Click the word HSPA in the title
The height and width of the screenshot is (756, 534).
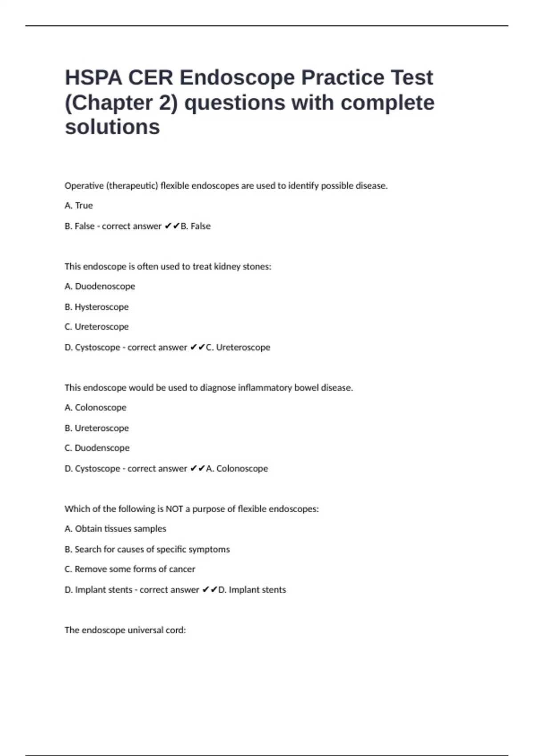[x=93, y=78]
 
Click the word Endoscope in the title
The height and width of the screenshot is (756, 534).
[x=237, y=78]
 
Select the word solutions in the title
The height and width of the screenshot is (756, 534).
[x=112, y=127]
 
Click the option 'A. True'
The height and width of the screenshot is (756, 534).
[x=79, y=205]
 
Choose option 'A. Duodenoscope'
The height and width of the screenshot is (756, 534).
[x=100, y=286]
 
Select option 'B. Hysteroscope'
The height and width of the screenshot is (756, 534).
[x=97, y=307]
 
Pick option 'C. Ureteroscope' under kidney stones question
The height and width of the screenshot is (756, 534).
[x=97, y=327]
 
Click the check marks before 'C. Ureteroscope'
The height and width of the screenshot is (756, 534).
[x=197, y=347]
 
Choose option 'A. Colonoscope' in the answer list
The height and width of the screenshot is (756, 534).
[x=95, y=408]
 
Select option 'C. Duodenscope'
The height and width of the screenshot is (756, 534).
[x=97, y=448]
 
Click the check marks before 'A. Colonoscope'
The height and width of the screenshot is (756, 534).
[x=197, y=468]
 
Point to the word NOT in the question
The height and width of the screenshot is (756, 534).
[x=174, y=509]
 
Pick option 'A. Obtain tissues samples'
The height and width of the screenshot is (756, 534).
[x=115, y=529]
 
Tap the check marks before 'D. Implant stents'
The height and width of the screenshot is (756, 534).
[x=209, y=590]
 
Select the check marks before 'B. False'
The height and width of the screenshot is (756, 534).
[x=172, y=226]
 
